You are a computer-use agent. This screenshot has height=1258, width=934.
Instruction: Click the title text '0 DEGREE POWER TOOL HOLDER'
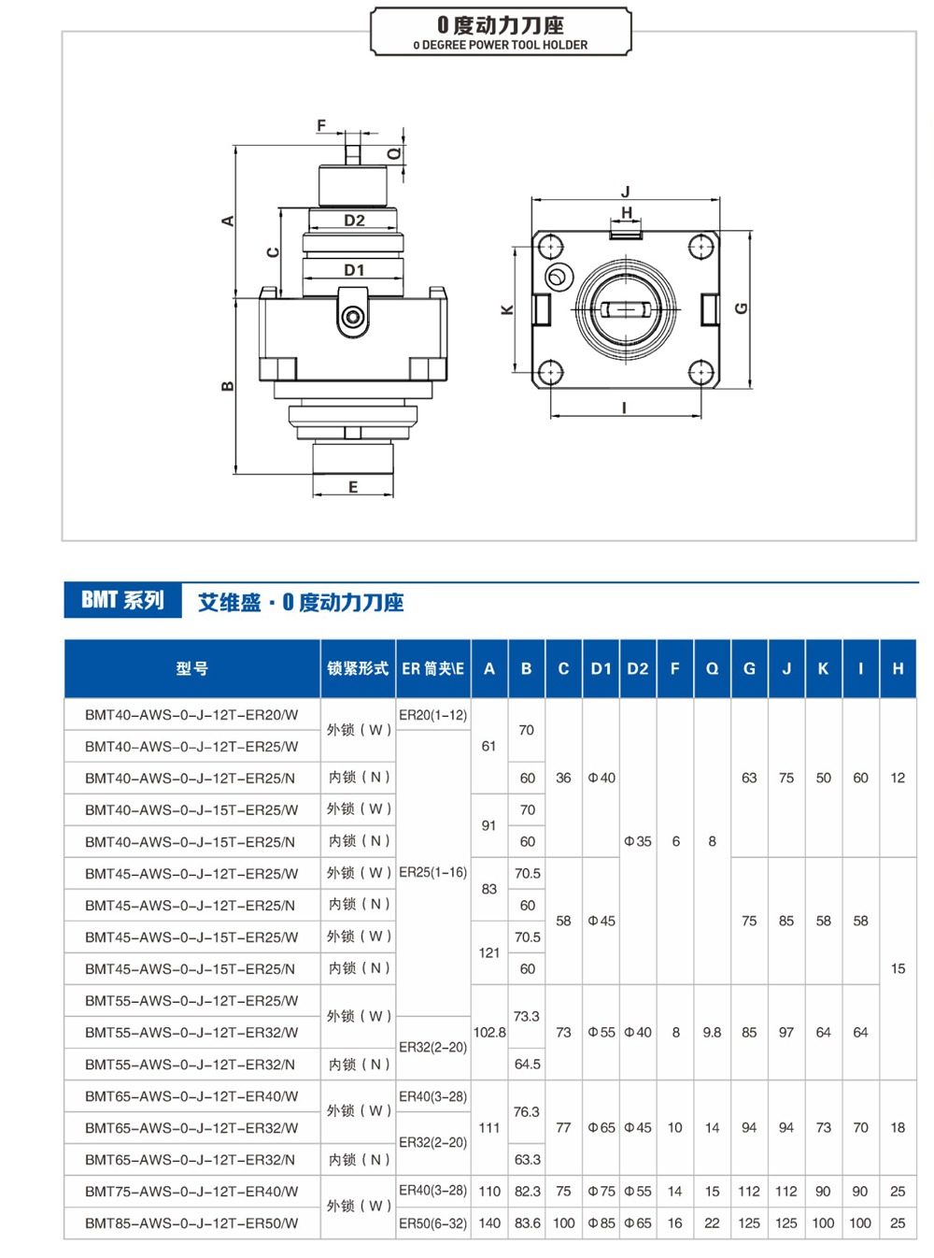(501, 45)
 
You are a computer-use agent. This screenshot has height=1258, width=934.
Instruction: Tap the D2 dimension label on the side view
(354, 221)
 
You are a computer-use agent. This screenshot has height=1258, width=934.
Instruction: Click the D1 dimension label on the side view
(354, 270)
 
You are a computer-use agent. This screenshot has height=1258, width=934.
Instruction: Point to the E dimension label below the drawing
(353, 487)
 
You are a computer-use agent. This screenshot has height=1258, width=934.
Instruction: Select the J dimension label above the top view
(625, 192)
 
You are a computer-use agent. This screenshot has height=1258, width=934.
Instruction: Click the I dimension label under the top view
(624, 407)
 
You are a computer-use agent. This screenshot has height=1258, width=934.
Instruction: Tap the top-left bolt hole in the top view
(551, 247)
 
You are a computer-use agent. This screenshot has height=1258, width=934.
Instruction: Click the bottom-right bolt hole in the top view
(700, 373)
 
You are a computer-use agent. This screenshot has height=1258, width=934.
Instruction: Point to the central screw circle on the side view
(353, 318)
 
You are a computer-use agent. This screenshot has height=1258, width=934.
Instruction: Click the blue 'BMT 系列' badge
(122, 600)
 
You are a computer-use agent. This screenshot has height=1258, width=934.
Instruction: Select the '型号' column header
(191, 668)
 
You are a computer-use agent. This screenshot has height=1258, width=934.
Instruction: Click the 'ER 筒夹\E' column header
(432, 668)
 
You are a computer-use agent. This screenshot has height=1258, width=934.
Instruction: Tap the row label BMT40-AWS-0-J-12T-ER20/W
(191, 715)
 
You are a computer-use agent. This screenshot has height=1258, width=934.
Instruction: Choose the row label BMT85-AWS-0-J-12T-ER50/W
(191, 1222)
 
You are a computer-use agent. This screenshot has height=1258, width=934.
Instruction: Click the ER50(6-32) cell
(432, 1222)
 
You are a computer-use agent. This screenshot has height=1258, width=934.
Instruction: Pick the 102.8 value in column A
(489, 1033)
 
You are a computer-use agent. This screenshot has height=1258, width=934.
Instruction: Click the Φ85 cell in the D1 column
(601, 1222)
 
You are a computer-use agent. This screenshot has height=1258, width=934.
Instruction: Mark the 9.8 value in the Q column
(712, 1033)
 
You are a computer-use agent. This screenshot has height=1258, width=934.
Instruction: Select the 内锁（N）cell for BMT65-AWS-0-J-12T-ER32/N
(359, 1159)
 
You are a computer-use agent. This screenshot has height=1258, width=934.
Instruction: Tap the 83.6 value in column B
(527, 1222)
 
